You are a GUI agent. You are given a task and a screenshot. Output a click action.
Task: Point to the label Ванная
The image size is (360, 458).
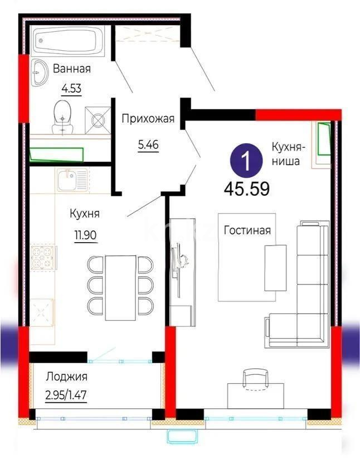click(71, 69)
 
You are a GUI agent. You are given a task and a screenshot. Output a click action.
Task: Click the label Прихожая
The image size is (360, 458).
click(148, 118)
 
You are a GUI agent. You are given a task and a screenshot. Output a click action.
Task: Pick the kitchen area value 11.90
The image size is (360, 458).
click(86, 235)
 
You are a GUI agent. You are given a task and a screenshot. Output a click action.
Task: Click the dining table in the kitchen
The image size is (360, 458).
click(120, 287)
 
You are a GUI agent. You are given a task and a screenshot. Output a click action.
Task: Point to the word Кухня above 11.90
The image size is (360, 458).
click(85, 214)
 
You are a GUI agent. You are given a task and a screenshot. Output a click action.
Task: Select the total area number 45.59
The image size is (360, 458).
click(246, 189)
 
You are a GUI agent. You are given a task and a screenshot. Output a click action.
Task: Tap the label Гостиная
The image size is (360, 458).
click(247, 230)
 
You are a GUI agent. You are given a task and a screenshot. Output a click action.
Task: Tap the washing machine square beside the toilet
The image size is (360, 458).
click(98, 119)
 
